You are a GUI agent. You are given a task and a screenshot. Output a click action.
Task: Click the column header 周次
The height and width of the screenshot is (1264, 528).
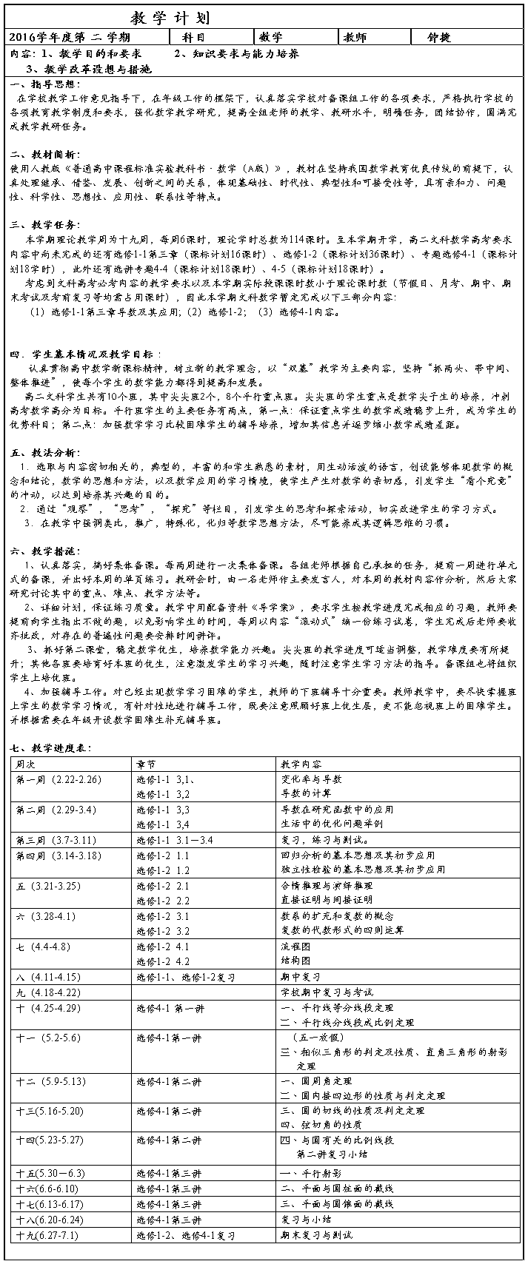click(25, 764)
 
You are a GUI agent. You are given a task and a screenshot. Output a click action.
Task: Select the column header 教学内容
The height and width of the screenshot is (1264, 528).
click(301, 764)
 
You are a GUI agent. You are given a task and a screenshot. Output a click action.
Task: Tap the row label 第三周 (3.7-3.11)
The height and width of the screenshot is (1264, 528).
click(56, 840)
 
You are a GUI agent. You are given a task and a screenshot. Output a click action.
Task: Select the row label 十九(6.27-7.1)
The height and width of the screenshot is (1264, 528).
click(46, 1235)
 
